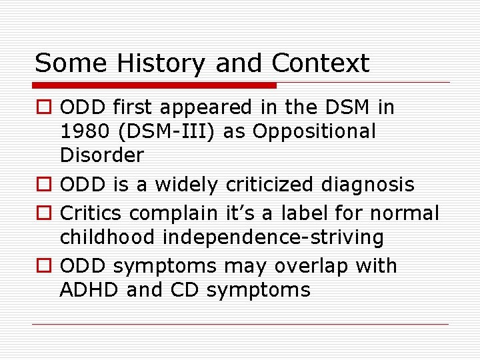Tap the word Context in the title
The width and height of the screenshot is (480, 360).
coord(320,64)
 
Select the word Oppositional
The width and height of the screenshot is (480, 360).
coord(311,131)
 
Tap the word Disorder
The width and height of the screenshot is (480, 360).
coord(101,155)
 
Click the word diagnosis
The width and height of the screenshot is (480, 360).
coord(369,185)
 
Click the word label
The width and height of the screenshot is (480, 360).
coord(299,213)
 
